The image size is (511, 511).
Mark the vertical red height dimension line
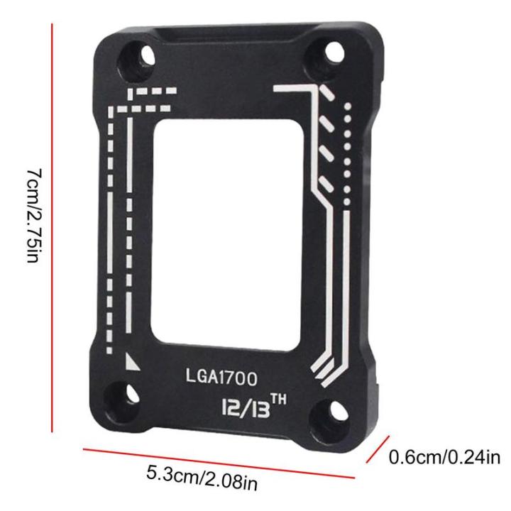pos(53,227)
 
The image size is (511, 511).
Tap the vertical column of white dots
pos(346,153)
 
